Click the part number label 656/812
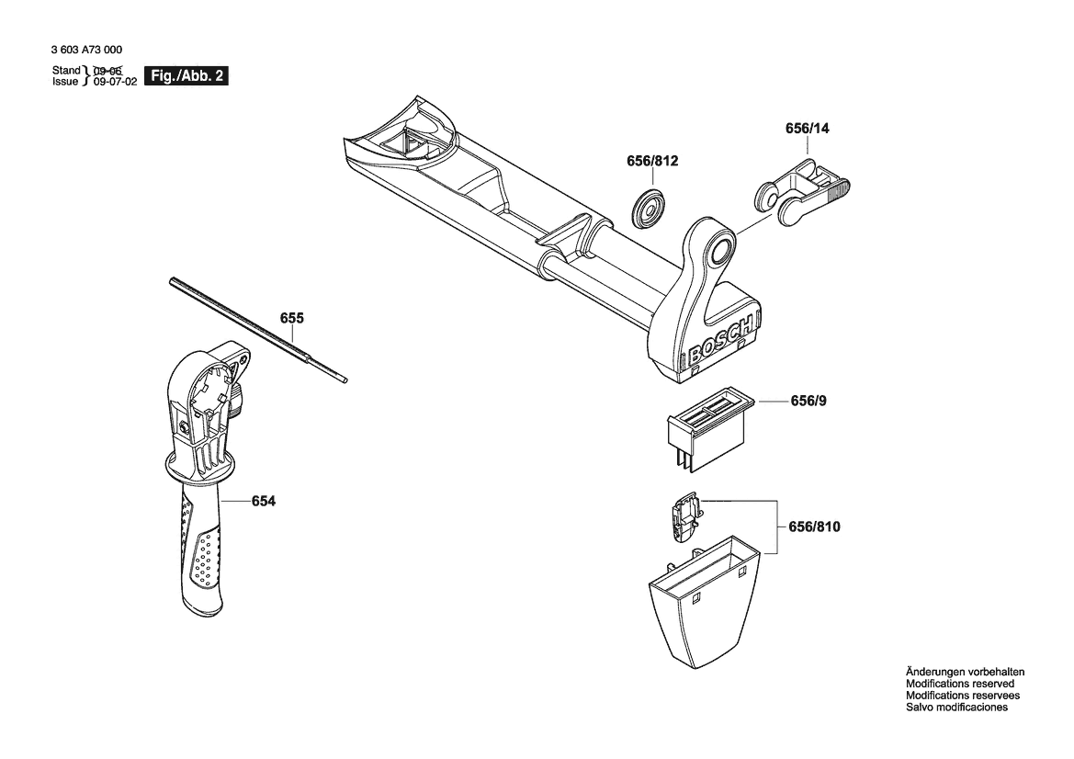coord(652,162)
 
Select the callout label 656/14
coord(807,130)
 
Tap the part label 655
coord(292,319)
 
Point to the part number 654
coord(263,501)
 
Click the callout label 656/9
coord(808,402)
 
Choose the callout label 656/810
coord(814,527)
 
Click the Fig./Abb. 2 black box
coord(187,77)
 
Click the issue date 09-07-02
coord(115,82)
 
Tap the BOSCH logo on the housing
coord(719,340)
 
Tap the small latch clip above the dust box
coord(684,517)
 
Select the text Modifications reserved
coord(960,684)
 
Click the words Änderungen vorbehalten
coord(965,672)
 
